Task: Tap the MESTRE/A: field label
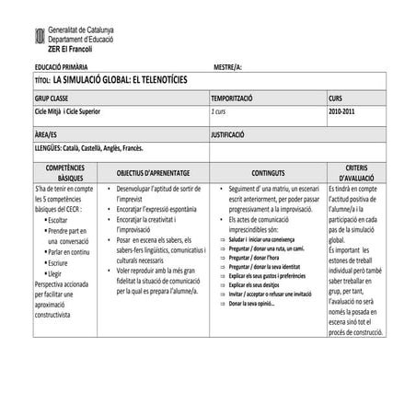click(x=226, y=68)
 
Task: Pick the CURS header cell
click(x=335, y=98)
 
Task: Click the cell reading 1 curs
click(x=218, y=110)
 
